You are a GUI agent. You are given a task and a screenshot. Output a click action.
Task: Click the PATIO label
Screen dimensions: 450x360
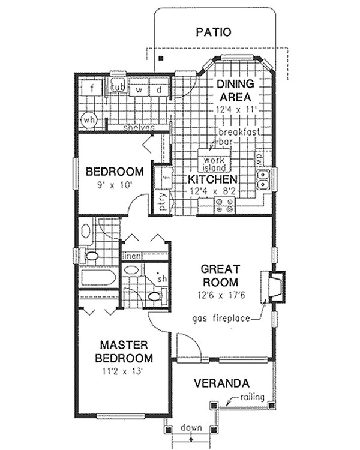(213, 32)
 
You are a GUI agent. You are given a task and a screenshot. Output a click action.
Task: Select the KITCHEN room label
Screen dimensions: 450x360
(212, 179)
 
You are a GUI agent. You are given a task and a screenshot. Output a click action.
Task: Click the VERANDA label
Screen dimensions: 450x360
(222, 383)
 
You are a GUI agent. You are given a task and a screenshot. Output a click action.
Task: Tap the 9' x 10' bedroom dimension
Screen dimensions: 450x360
(115, 185)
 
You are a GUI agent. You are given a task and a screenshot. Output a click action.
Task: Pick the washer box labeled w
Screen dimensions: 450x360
(139, 89)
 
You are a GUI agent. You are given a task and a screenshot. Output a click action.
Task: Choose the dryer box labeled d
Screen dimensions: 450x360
(160, 89)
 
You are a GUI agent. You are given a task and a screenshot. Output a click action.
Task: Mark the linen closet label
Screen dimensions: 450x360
(132, 256)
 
